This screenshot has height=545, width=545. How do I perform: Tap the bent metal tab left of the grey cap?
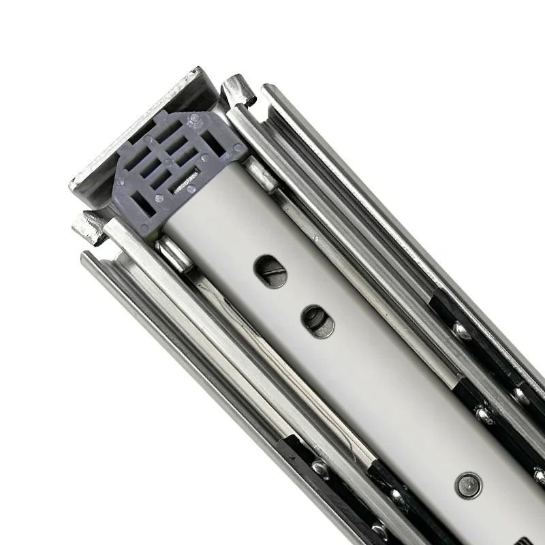[87, 225]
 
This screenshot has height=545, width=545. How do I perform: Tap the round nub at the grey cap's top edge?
[196, 118]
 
